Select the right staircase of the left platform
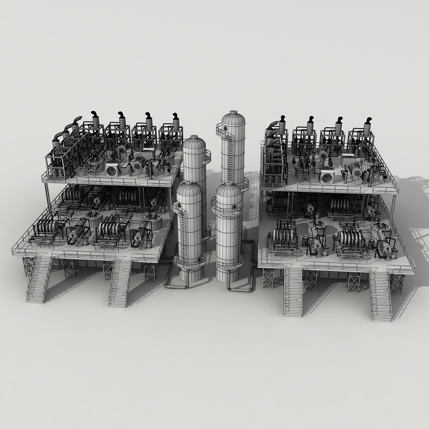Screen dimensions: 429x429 point(120,282)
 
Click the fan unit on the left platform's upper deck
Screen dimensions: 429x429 point(112,170)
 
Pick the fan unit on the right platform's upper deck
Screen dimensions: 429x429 point(327,176)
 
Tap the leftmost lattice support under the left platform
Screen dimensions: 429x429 point(29,265)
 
